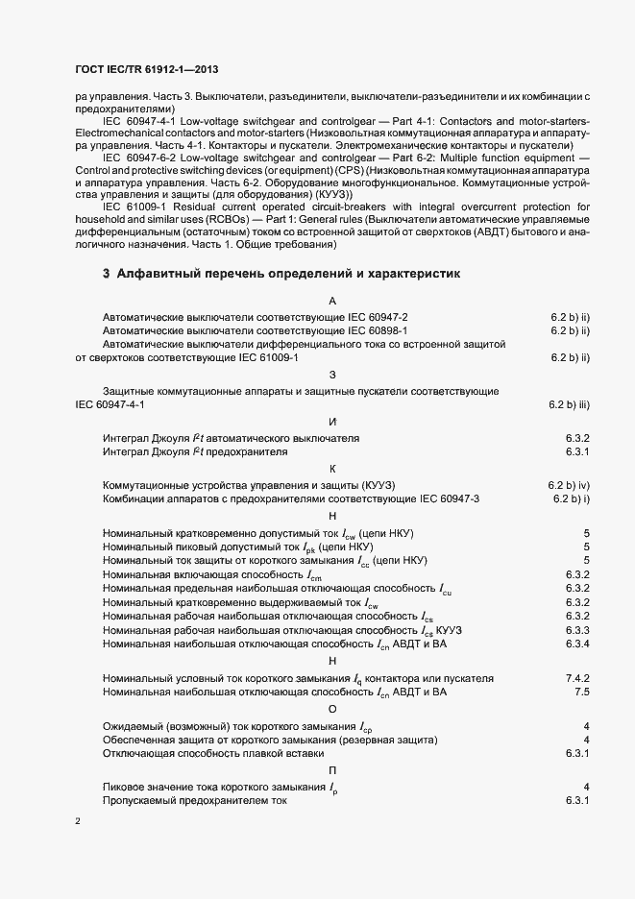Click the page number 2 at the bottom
(78, 823)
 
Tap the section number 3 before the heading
(107, 274)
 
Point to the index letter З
(331, 375)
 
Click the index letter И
(331, 422)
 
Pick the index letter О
(331, 708)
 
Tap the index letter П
(331, 770)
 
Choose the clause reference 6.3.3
(576, 629)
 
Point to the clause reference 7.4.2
(576, 677)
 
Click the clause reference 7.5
(581, 692)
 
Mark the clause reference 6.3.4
(576, 644)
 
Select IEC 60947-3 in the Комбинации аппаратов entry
(451, 499)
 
